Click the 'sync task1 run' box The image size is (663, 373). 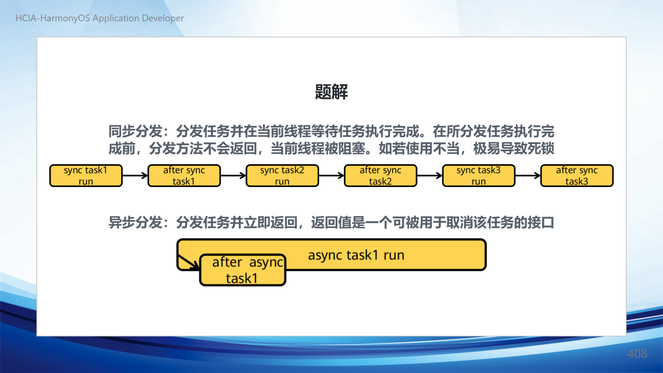(x=86, y=176)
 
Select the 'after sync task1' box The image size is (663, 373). (x=184, y=176)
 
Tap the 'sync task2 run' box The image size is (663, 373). (x=282, y=176)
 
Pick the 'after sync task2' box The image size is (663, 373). (x=381, y=176)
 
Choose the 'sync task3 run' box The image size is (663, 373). (x=479, y=176)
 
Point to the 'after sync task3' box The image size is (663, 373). (x=577, y=176)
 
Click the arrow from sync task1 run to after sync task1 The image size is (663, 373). (x=135, y=176)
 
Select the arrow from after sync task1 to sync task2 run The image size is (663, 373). (x=233, y=176)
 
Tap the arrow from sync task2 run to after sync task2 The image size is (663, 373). (x=331, y=176)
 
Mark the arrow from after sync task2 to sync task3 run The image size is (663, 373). (x=430, y=176)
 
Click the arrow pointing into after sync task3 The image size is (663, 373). (x=528, y=176)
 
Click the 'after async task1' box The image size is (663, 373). (x=243, y=270)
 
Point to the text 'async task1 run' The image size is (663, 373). (x=356, y=255)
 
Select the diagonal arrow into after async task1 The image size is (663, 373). (x=189, y=262)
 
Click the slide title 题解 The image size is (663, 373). (x=331, y=92)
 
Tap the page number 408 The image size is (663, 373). (x=637, y=354)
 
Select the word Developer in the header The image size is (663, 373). (x=163, y=18)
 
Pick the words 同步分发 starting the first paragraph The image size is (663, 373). (x=136, y=131)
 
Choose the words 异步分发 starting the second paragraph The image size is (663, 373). (x=136, y=223)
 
